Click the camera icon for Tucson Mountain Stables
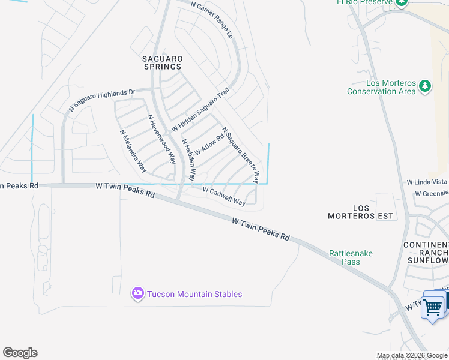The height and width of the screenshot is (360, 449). (138, 293)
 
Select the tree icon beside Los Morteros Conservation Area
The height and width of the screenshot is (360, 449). (425, 86)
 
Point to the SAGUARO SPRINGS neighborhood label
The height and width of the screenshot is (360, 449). (162, 62)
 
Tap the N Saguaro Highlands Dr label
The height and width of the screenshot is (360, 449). (103, 100)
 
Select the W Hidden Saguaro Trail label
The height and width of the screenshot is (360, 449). (200, 109)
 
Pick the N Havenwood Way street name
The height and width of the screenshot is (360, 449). (161, 139)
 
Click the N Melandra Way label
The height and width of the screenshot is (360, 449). (133, 151)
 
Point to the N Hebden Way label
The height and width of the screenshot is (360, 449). (188, 160)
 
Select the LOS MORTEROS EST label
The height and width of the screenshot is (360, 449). (360, 212)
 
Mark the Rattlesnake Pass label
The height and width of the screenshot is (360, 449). (351, 257)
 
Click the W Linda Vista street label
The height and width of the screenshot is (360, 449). (427, 182)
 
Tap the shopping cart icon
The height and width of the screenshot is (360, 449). (433, 307)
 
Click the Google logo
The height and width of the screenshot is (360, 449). (20, 353)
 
